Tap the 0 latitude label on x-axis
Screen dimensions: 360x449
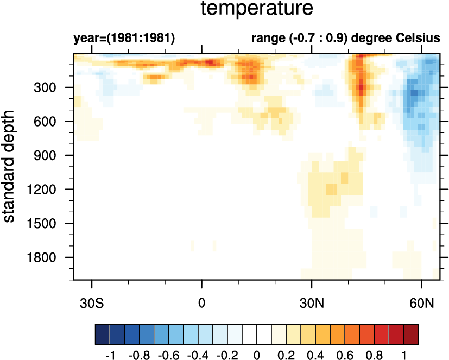[202, 301]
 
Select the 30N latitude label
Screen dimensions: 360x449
[312, 301]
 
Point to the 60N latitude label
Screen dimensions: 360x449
[422, 301]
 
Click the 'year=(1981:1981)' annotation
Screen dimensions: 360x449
[124, 39]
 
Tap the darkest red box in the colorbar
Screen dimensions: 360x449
[411, 332]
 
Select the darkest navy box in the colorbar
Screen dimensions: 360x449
[102, 332]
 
